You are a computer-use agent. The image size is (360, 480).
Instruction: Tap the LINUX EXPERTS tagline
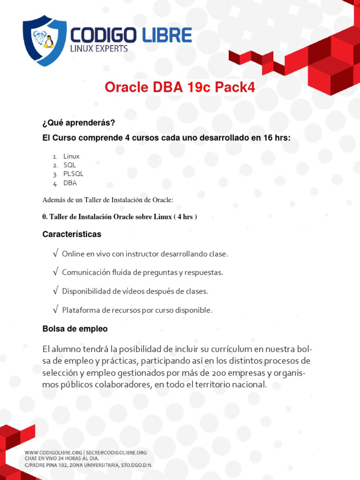pyautogui.click(x=99, y=48)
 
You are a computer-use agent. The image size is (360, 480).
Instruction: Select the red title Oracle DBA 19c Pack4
pyautogui.click(x=180, y=87)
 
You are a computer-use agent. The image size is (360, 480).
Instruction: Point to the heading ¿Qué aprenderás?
pyautogui.click(x=79, y=123)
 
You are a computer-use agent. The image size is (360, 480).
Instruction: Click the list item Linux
pyautogui.click(x=71, y=156)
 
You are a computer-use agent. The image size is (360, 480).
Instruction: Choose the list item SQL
pyautogui.click(x=69, y=165)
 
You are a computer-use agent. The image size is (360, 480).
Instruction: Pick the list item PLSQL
pyautogui.click(x=74, y=174)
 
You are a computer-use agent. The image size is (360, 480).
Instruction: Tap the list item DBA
pyautogui.click(x=70, y=183)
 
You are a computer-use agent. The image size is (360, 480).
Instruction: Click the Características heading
pyautogui.click(x=72, y=234)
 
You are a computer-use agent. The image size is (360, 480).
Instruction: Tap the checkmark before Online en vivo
pyautogui.click(x=56, y=254)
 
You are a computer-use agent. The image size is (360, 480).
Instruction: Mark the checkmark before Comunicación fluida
pyautogui.click(x=56, y=272)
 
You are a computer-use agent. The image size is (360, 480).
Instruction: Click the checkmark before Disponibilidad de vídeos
pyautogui.click(x=56, y=291)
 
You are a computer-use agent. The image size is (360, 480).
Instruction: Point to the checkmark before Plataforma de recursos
pyautogui.click(x=56, y=310)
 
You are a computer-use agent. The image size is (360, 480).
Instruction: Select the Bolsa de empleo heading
pyautogui.click(x=75, y=329)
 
